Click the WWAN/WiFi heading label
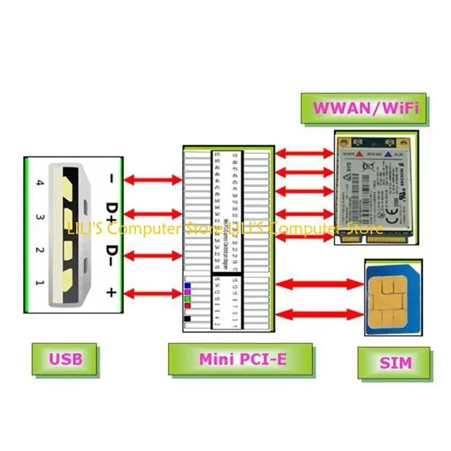(x=365, y=108)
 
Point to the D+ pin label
(x=112, y=213)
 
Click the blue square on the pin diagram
(x=188, y=286)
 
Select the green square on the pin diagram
(x=188, y=298)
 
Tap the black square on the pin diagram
(x=188, y=319)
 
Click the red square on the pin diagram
(x=188, y=305)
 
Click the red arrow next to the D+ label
(x=153, y=214)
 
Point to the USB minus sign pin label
(x=112, y=179)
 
